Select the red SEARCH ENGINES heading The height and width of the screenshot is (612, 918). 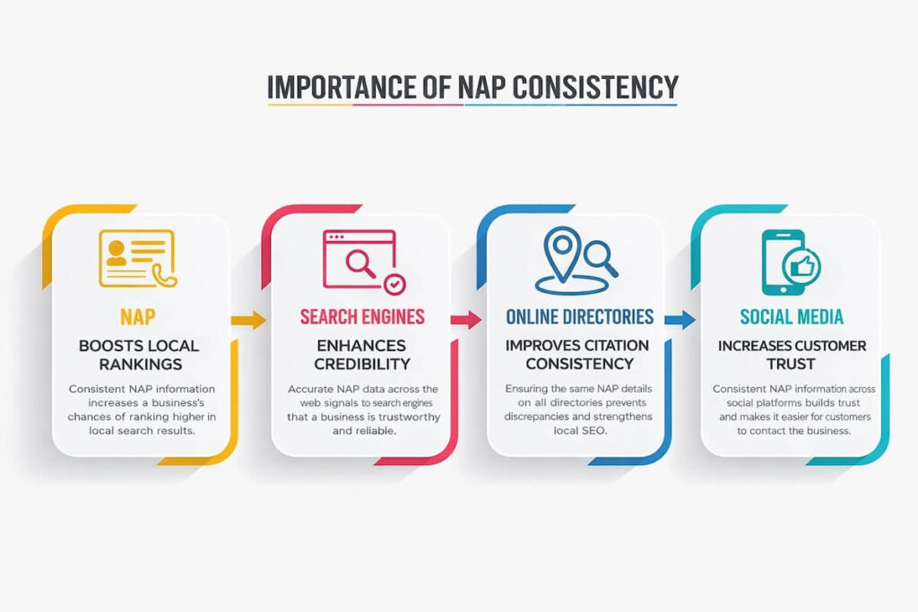361,317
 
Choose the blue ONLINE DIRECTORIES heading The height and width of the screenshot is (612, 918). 579,317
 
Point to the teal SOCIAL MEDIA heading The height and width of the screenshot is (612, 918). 792,317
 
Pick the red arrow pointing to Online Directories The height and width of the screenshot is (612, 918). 466,319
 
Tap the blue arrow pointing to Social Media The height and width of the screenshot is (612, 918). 681,319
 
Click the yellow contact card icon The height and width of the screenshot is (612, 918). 137,258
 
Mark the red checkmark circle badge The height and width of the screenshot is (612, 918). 394,285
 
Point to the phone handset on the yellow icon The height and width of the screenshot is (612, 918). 165,277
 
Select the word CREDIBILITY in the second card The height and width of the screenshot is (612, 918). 361,365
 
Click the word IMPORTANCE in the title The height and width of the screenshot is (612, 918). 333,87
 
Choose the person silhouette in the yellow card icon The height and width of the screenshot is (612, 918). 117,253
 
